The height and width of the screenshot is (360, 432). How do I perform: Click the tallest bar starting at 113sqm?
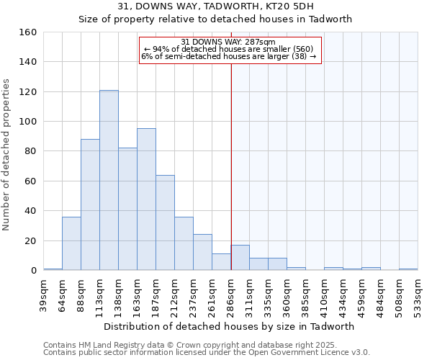[x=109, y=180]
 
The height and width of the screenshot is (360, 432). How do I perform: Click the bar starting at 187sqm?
[x=165, y=222]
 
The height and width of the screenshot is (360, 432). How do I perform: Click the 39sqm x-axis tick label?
[x=43, y=294]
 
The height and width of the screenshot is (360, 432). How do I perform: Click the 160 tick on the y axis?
[x=28, y=32]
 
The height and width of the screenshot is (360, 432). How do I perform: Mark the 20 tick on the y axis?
[x=31, y=240]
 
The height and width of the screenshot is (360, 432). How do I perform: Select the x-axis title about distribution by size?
[x=229, y=326]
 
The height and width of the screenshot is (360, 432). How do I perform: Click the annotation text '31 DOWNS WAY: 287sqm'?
[x=228, y=42]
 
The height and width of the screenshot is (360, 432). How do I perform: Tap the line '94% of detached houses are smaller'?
[x=229, y=49]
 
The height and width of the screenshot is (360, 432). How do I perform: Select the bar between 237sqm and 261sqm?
[x=202, y=252]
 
